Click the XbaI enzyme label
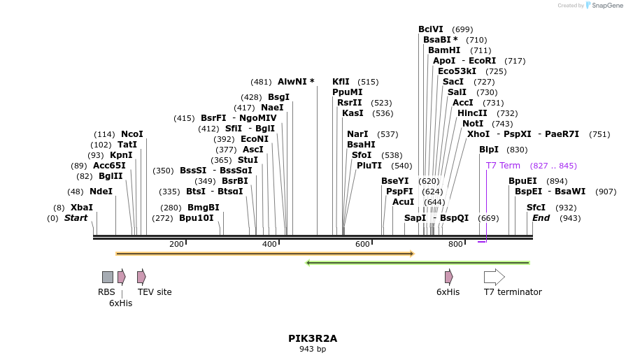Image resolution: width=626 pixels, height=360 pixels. point(81,208)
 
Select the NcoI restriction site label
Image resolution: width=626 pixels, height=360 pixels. point(131,134)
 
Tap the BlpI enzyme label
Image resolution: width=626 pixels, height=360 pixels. point(489,150)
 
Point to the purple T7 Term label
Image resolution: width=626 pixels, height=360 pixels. point(503,166)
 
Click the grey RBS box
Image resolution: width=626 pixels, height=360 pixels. point(107,277)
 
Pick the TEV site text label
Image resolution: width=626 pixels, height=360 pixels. point(155,292)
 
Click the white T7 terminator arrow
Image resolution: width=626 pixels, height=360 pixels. point(494,277)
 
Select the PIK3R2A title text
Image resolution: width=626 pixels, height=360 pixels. point(313,338)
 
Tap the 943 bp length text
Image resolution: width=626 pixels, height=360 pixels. point(313,349)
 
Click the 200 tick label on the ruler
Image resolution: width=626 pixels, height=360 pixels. point(176,244)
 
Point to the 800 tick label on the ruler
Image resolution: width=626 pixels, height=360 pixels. point(455,244)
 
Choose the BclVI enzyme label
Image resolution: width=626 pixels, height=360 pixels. point(431,29)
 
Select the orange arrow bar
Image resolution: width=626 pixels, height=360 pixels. point(265,253)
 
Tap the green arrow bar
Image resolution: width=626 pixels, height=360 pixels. point(418,263)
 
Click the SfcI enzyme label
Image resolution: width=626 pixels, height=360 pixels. point(536,208)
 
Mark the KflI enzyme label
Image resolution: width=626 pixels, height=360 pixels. point(341,82)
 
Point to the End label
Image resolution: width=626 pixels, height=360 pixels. point(541,218)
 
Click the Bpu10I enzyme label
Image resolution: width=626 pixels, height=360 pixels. point(197,218)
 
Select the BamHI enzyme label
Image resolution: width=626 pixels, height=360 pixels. point(444,50)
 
